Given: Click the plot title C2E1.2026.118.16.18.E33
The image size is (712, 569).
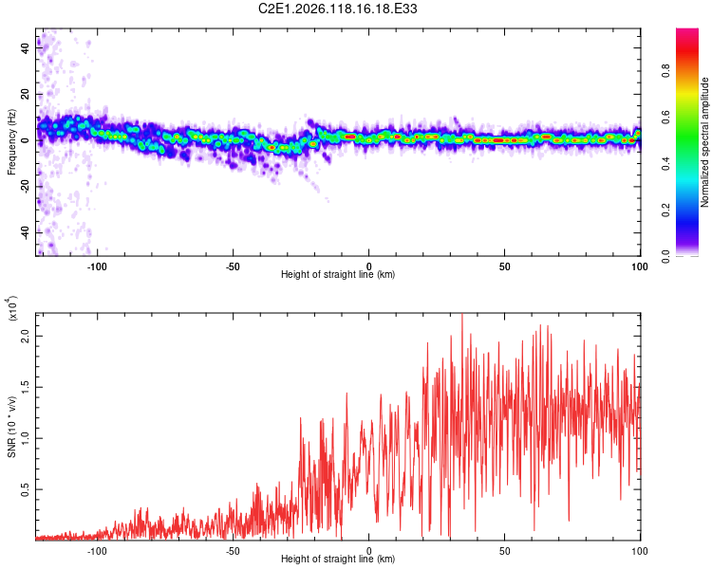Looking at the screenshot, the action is point(337,9).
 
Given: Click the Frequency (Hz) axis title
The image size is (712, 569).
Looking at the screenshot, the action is point(11,142).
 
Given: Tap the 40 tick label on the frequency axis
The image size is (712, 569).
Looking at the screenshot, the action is point(26,47).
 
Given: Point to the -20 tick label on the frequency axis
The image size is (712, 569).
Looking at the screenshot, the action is point(26,185).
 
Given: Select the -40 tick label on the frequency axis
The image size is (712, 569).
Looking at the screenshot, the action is point(26,231).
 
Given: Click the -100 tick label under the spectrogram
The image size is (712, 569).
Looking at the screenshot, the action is point(96,266).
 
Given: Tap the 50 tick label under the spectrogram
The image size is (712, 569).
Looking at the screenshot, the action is point(504,266).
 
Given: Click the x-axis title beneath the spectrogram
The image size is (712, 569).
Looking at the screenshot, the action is point(338,274).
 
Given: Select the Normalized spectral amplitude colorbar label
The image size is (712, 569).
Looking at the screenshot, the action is point(704,142).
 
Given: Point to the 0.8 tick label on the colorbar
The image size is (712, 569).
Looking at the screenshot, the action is point(665,71).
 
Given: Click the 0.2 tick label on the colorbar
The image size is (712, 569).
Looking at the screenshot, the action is point(665,211).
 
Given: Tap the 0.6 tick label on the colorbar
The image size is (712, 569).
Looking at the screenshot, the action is point(665,118).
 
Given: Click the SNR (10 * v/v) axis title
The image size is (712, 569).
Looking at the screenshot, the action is point(11,427).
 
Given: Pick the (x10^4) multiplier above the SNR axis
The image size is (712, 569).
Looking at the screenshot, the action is point(12,309).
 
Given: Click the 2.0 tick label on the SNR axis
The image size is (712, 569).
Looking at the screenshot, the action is point(26,337).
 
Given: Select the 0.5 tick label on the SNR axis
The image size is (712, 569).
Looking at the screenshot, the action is point(26,489).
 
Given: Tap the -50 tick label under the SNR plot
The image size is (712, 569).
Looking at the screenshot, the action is point(233,551).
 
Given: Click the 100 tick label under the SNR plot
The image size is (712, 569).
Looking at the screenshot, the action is point(640,551).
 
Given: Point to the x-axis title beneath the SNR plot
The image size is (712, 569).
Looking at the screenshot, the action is point(338,559).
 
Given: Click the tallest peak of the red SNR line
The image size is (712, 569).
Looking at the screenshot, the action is point(462,314).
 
